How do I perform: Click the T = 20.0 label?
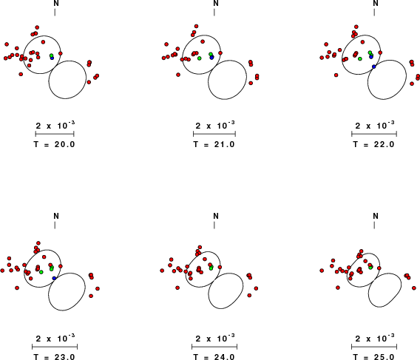point(55,144)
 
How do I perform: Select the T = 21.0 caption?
point(214,144)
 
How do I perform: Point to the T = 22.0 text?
point(374,144)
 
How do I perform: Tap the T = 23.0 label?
point(55,357)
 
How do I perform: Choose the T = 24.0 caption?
point(214,357)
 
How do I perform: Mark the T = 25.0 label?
point(374,357)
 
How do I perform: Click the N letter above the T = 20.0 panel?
point(56,3)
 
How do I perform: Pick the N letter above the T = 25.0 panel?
point(376,216)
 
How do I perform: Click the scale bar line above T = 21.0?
point(214,134)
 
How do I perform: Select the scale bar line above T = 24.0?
point(214,347)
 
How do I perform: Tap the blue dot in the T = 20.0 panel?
point(52,58)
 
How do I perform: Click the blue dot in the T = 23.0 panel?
point(54,278)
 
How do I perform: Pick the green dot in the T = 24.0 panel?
point(211,268)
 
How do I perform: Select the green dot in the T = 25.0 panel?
point(370,268)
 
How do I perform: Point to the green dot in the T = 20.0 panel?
point(52,55)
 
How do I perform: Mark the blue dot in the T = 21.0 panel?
point(212,58)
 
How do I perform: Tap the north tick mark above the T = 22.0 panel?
point(374,13)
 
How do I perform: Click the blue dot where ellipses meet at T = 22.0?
point(374,67)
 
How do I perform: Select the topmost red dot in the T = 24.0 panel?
point(200,247)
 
